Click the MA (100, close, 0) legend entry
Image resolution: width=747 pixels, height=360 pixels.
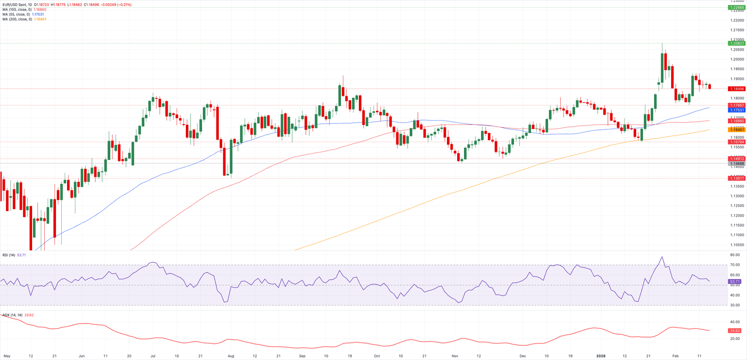17,9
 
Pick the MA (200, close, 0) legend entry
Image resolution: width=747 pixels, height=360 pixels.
17,19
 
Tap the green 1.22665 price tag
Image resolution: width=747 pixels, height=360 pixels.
736,8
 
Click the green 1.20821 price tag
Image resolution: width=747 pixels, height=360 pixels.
736,43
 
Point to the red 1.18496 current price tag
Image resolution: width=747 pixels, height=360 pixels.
736,89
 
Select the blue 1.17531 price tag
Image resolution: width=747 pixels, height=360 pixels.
736,110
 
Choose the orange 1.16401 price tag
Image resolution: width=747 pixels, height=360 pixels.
736,130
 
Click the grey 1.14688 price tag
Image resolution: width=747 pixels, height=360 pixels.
736,164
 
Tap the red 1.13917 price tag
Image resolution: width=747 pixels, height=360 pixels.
736,179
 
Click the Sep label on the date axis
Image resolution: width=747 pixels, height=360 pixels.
302,356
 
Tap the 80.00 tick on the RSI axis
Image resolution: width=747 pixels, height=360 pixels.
735,255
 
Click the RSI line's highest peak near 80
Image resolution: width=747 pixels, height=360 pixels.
662,257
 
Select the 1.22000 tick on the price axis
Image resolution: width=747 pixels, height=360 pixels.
737,20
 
